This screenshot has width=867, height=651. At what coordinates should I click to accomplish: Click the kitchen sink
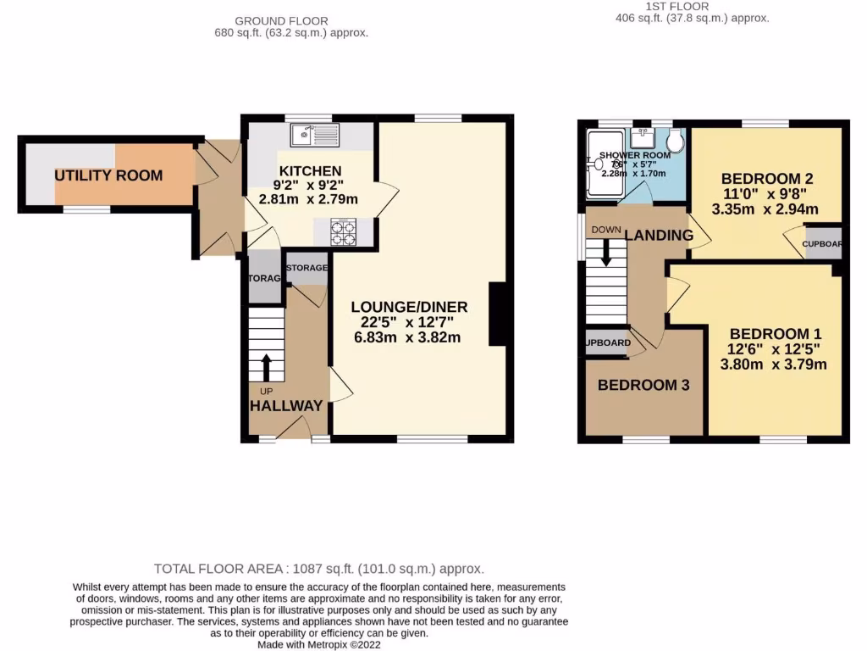pos(313,135)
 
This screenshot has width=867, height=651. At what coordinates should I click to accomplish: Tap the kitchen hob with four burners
pos(342,232)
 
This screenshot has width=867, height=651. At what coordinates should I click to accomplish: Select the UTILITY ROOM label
pos(108,175)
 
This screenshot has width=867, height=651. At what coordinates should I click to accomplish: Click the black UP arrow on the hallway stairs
pos(268,367)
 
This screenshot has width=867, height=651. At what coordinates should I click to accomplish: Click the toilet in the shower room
pos(675,140)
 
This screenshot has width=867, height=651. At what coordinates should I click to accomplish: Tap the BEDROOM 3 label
pos(643,385)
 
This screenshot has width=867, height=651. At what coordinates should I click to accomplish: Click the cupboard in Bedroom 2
pos(823,242)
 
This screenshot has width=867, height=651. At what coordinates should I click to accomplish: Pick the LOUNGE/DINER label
pos(410,307)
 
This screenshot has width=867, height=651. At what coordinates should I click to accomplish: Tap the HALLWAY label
pos(286,406)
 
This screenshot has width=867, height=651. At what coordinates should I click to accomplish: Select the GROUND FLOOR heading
pos(281,21)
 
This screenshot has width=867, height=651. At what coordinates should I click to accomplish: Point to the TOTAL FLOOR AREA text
pos(319,569)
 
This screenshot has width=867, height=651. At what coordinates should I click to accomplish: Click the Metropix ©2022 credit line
pos(320,644)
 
